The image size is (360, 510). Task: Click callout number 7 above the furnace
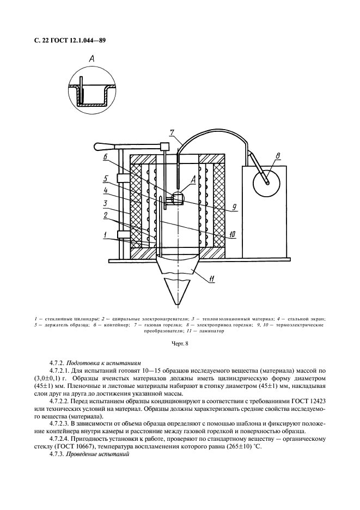172,132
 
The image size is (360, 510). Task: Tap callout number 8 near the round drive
278,158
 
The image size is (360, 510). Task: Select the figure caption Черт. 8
180,344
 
